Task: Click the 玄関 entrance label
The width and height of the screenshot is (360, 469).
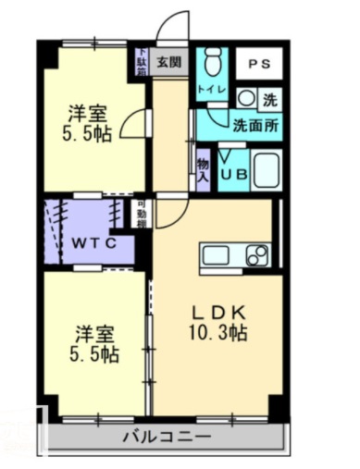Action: point(168,63)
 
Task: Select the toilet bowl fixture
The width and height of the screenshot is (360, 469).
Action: point(211,64)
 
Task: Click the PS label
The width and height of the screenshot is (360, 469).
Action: point(258,64)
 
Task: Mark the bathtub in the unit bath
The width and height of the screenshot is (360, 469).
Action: point(267,170)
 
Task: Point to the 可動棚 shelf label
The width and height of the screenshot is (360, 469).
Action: point(142,215)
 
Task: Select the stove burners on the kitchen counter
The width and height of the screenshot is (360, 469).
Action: point(256,253)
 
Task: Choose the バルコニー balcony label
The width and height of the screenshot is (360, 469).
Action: point(167,437)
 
